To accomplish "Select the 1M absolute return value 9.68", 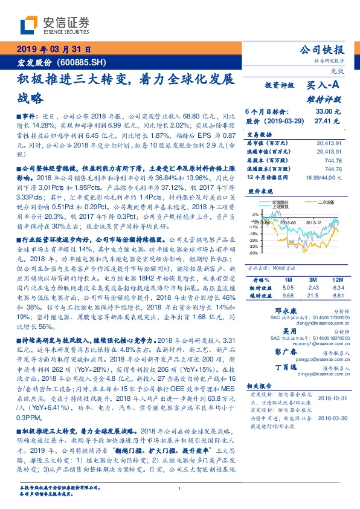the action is coord(288,296).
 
